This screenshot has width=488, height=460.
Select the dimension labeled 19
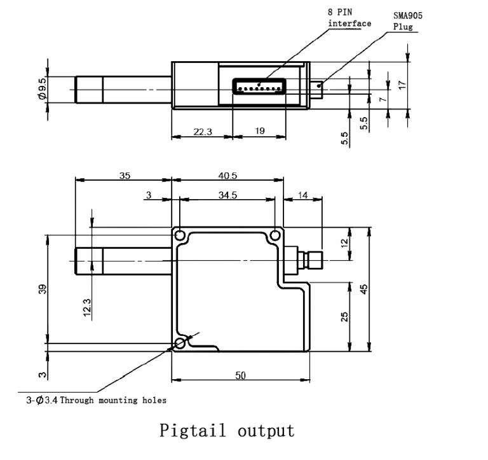[x=260, y=131]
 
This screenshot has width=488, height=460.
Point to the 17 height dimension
[x=402, y=85]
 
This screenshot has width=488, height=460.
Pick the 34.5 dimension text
[x=227, y=195]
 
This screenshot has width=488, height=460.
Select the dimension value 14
[x=302, y=195]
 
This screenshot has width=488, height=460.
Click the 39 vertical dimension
[x=42, y=290]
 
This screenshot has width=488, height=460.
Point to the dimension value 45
[x=363, y=289]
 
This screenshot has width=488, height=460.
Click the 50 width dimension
[x=240, y=376]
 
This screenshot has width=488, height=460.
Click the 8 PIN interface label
[x=349, y=18]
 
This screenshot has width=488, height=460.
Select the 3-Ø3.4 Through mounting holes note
[x=96, y=400]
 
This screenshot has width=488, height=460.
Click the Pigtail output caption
[x=227, y=431]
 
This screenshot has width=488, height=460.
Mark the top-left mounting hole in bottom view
[x=180, y=235]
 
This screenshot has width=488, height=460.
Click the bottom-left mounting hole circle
[x=180, y=344]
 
